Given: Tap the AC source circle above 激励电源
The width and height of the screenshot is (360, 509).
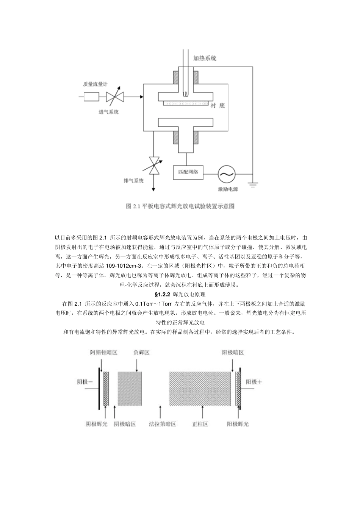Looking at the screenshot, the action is pos(226,174).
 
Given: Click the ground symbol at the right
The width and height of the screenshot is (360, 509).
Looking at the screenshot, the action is pos(253,185).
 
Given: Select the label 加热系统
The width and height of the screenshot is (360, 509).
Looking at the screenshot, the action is pos(205,58).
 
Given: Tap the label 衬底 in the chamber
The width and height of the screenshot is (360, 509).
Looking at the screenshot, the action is pos(218,106).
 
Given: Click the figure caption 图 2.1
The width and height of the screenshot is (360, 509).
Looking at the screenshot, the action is pos(180,206).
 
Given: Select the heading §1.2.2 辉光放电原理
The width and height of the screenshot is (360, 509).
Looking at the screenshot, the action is pos(180,294).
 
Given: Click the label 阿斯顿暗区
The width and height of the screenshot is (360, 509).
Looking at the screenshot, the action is pos(104,352).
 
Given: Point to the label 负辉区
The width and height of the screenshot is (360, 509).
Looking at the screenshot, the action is pos(141,352).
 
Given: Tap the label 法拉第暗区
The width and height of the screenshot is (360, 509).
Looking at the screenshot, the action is pos(162,424).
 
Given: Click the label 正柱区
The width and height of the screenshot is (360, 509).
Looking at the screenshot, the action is pos(200,424).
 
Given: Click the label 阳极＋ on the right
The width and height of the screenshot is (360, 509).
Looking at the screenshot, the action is pos(254,382).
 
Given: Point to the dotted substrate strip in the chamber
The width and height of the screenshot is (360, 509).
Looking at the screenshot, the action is pos(185,103).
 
